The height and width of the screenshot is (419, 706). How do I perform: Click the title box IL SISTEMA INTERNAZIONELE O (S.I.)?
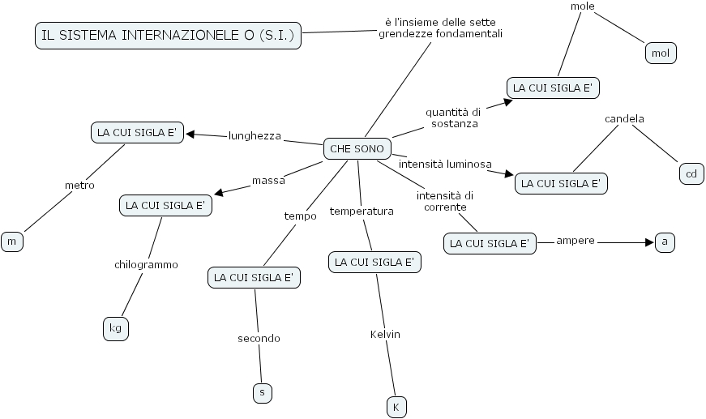point(168,36)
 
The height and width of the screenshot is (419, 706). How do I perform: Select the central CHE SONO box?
point(357,149)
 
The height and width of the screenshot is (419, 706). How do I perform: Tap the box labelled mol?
point(659,53)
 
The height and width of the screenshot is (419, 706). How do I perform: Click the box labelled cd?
point(691,174)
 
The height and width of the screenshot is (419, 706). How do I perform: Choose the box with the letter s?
point(261,392)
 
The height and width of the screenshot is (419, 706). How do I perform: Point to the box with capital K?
point(396,407)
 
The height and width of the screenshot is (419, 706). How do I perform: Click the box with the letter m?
point(11,242)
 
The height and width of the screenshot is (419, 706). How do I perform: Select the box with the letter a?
point(665,242)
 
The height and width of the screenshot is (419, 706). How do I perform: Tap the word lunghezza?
point(255,136)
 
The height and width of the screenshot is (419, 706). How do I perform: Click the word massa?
point(267,180)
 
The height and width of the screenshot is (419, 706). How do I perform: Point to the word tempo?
point(300,216)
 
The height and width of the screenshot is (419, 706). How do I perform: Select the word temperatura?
point(362,212)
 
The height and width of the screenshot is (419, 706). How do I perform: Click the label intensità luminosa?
point(445,164)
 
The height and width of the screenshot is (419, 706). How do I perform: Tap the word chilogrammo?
point(146,264)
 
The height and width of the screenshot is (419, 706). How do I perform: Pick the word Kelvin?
point(385,334)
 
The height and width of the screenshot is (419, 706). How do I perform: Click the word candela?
point(624,119)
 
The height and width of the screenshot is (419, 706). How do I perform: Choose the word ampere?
point(575,241)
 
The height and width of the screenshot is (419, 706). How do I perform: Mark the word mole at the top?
point(582,6)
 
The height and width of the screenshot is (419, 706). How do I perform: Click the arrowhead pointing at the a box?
point(648,242)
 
